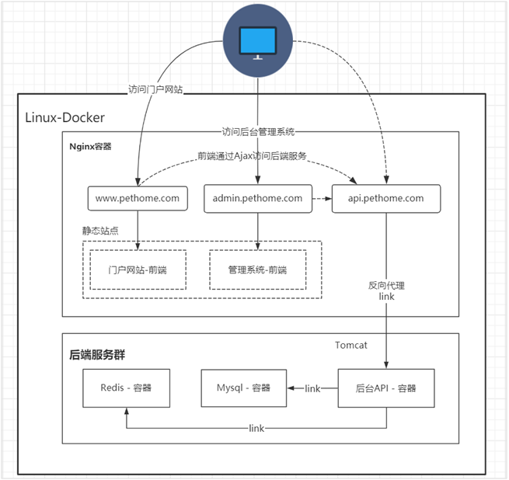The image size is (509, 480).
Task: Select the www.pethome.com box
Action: click(138, 198)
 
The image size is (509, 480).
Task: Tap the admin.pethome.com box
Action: click(257, 198)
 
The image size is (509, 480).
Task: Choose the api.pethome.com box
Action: click(386, 198)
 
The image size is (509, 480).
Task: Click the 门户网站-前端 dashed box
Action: click(138, 270)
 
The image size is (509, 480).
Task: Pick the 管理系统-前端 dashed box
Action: click(257, 270)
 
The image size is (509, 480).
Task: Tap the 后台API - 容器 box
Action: click(386, 388)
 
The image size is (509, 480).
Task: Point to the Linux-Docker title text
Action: click(64, 117)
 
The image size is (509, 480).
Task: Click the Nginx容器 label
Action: click(91, 146)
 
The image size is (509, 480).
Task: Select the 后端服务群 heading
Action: click(98, 355)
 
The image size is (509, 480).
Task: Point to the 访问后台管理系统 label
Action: click(258, 131)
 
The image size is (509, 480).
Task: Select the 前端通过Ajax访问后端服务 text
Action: click(257, 155)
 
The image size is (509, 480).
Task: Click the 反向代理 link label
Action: click(386, 290)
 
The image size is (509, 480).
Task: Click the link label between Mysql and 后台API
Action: click(313, 388)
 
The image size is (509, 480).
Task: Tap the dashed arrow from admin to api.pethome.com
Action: click(322, 198)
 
